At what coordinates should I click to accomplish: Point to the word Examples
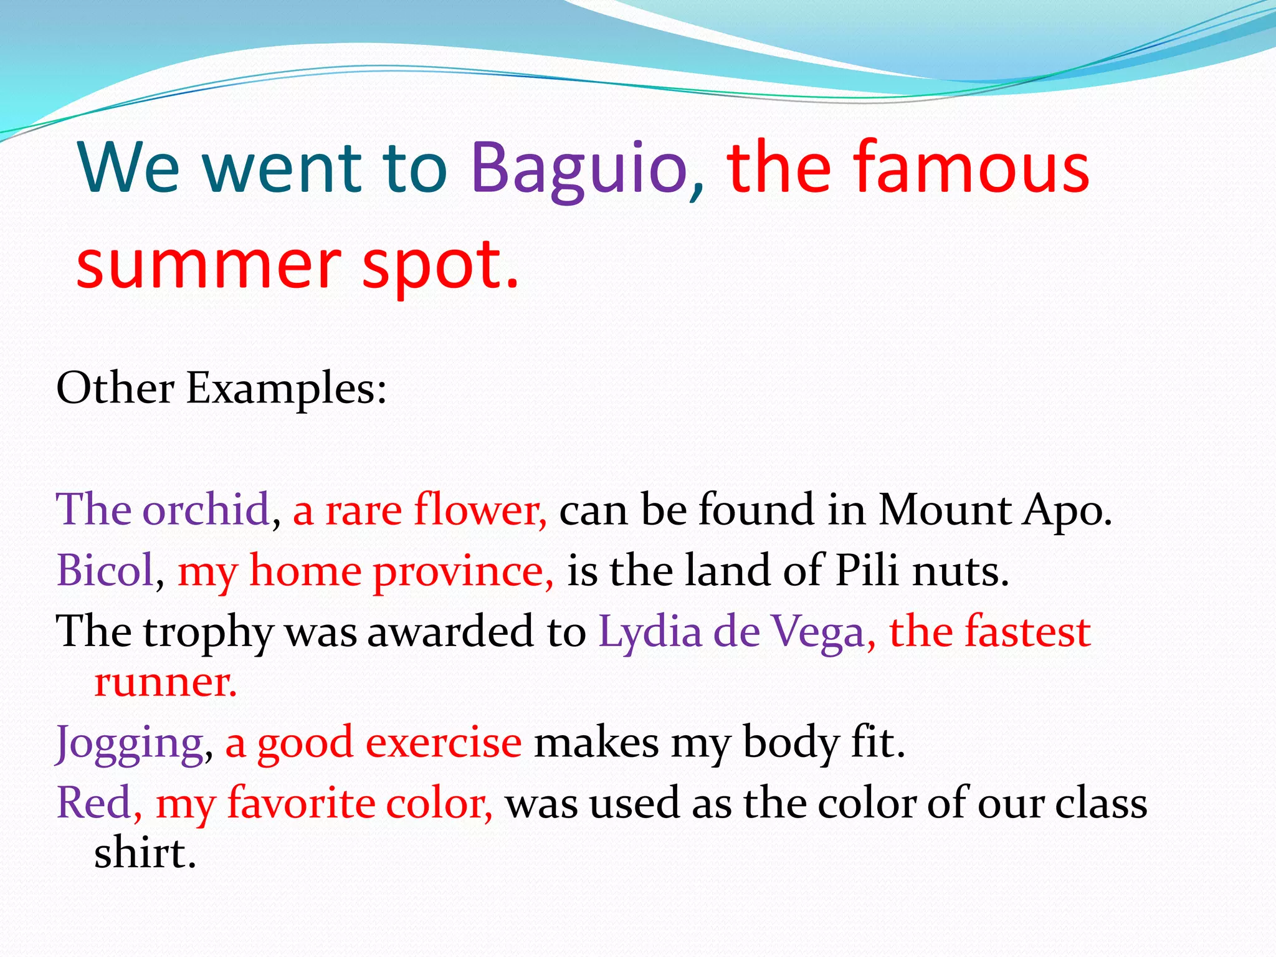point(286,390)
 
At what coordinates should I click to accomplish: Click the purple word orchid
point(206,510)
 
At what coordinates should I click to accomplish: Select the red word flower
point(480,510)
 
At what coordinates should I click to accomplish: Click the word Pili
point(866,570)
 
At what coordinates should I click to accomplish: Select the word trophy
point(208,633)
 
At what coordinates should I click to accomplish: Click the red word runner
point(165,683)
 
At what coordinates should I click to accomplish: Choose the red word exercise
point(443,743)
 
